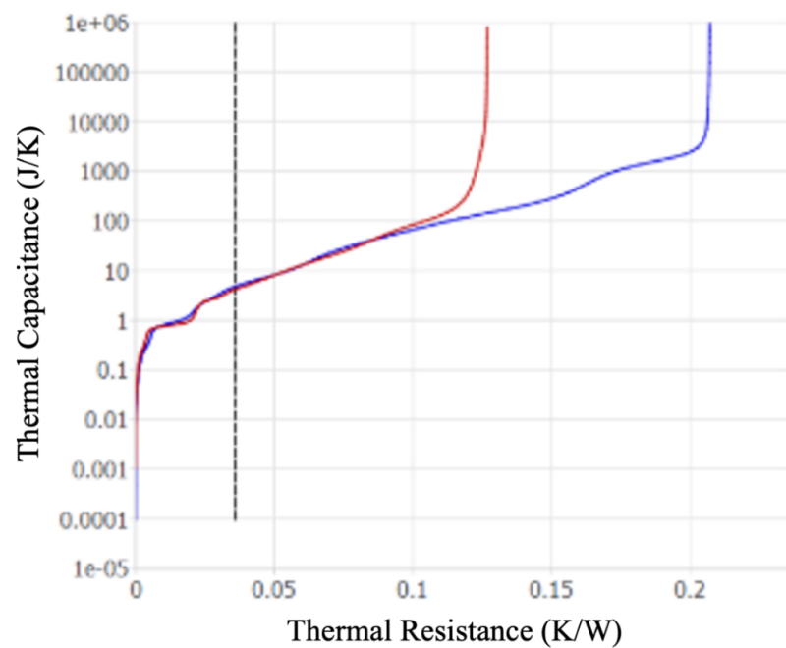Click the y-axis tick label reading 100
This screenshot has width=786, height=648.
107,221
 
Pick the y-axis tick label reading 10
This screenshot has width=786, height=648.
113,271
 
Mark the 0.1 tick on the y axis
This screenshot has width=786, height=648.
111,370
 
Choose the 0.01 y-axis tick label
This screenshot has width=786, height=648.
105,420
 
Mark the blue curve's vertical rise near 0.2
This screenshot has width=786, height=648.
708,79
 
